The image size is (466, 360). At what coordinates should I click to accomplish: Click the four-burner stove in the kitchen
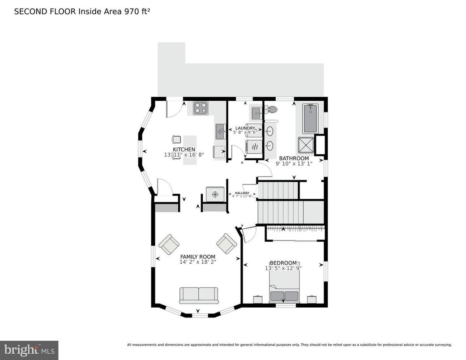click(201, 108)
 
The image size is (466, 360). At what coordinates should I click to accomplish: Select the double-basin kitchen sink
click(220, 132)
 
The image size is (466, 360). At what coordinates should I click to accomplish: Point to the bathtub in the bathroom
click(310, 119)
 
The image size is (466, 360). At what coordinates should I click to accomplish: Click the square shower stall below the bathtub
click(306, 145)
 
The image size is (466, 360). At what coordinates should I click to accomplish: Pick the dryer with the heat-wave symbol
click(253, 146)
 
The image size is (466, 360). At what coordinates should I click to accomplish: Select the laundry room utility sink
click(257, 112)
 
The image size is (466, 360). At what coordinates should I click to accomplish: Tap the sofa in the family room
click(199, 296)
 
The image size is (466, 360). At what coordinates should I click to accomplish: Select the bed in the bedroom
click(284, 289)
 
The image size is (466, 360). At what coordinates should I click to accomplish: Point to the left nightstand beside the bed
click(258, 299)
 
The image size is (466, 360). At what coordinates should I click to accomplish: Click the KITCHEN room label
click(184, 149)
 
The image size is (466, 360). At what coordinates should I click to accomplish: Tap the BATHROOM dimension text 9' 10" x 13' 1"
click(294, 164)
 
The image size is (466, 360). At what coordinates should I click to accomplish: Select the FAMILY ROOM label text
click(198, 257)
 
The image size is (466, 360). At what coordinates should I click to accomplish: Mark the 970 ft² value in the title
click(137, 11)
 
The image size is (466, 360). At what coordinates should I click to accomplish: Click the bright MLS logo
click(29, 350)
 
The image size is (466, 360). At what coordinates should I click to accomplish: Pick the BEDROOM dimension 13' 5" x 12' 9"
click(283, 268)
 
